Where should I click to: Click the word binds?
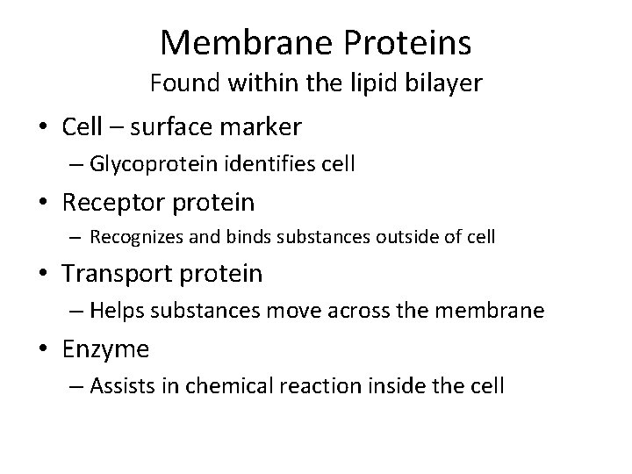239,237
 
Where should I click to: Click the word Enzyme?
106,349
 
